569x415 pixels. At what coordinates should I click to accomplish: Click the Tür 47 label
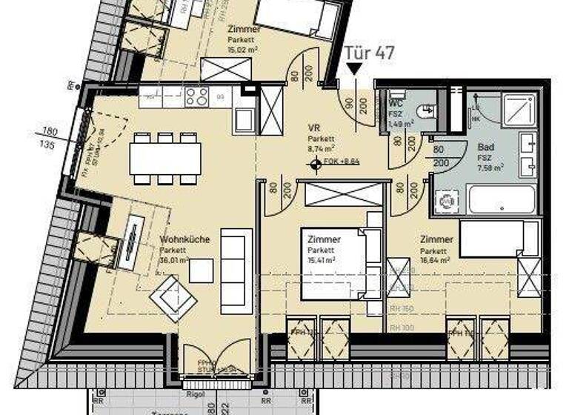click(x=370, y=53)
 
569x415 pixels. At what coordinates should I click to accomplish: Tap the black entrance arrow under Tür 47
click(x=355, y=69)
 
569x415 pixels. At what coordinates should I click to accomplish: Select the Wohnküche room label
click(x=184, y=240)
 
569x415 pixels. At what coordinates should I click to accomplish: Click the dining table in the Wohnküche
click(x=164, y=158)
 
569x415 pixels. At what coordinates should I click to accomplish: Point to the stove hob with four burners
click(x=197, y=96)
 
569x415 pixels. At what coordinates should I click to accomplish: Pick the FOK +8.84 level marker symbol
click(x=317, y=164)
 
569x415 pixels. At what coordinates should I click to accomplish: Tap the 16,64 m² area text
click(x=436, y=260)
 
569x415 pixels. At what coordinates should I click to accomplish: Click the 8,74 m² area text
click(x=322, y=148)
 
